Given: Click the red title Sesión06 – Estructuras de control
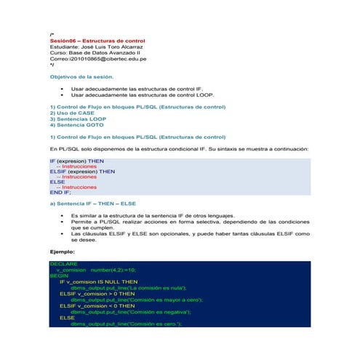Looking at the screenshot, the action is point(97,41).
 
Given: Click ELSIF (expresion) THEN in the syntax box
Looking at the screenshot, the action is point(82,171).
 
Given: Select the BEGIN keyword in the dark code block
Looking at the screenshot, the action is point(59,275).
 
